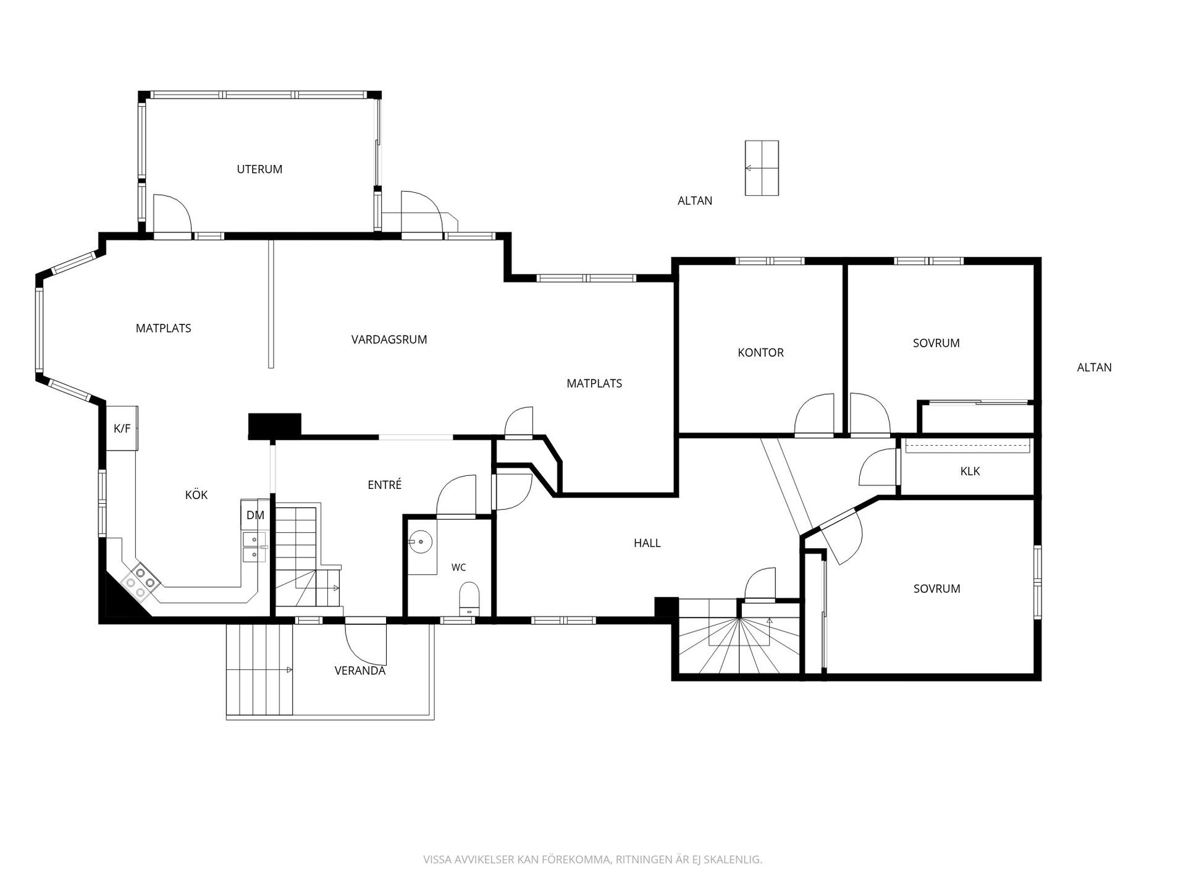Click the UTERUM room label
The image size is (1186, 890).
coord(259,169)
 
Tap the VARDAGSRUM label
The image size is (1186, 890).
coord(389,339)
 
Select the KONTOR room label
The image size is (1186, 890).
coord(760,352)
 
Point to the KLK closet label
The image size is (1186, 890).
coord(970,471)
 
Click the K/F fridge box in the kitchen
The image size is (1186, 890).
coord(122,428)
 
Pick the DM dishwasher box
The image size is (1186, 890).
coord(255,515)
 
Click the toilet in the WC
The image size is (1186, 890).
coord(469,599)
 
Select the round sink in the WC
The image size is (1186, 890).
coord(421,542)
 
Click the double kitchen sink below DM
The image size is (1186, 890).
coord(254,547)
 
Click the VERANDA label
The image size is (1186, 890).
coord(360,671)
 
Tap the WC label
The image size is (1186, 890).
coord(458,567)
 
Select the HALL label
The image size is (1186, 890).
coord(647,543)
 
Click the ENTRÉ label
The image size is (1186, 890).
coord(385,485)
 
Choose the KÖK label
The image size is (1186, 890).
coord(196,494)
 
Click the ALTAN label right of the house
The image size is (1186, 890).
coord(1094,367)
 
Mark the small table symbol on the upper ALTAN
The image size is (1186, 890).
coord(762,168)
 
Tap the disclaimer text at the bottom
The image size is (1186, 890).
coord(592,860)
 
